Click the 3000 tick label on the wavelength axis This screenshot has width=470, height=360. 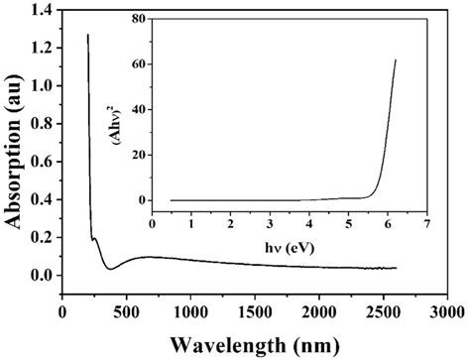pyautogui.click(x=443, y=311)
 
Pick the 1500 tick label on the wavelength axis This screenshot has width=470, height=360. pyautogui.click(x=254, y=311)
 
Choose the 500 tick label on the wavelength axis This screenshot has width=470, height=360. pyautogui.click(x=127, y=311)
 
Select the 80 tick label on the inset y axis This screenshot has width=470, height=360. pyautogui.click(x=137, y=19)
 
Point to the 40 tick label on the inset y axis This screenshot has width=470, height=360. pyautogui.click(x=137, y=109)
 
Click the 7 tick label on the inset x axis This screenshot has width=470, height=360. pyautogui.click(x=426, y=226)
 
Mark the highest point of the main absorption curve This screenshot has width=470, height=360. pyautogui.click(x=88, y=35)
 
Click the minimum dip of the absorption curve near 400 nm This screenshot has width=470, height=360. pyautogui.click(x=110, y=269)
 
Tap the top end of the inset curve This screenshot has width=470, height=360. pyautogui.click(x=396, y=60)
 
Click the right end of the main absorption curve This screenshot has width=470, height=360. pyautogui.click(x=396, y=268)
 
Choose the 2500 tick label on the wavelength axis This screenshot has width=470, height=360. pyautogui.click(x=380, y=311)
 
